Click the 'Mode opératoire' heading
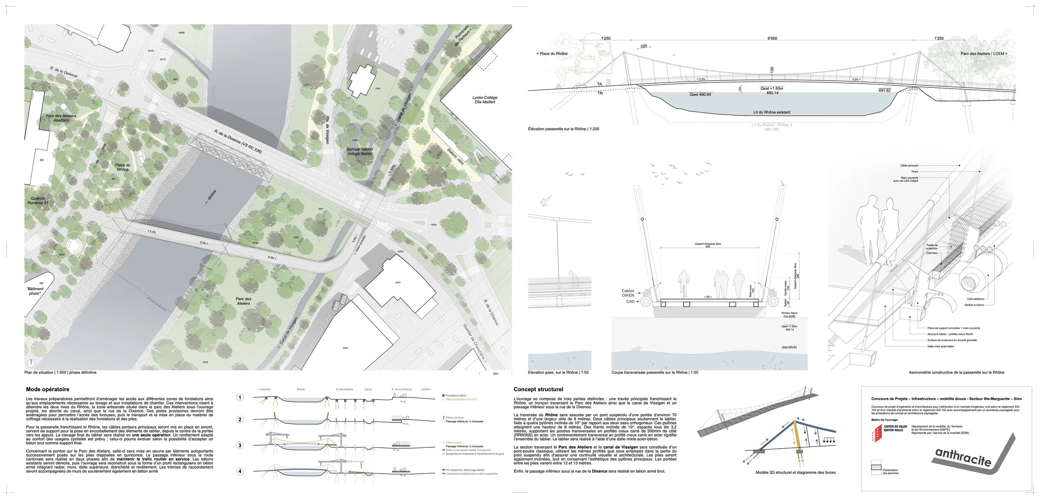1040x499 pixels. pyautogui.click(x=47, y=390)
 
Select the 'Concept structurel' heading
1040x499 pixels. pyautogui.click(x=538, y=390)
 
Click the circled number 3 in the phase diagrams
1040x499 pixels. pyautogui.click(x=240, y=445)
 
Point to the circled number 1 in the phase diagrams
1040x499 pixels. pyautogui.click(x=240, y=397)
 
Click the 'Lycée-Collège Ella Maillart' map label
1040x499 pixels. pyautogui.click(x=485, y=100)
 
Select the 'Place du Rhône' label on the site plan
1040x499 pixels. pyautogui.click(x=123, y=167)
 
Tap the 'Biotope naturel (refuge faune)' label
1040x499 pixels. pyautogui.click(x=360, y=151)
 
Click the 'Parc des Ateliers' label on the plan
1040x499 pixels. pyautogui.click(x=243, y=301)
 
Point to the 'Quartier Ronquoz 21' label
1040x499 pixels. pyautogui.click(x=38, y=201)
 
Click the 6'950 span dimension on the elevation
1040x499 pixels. pyautogui.click(x=772, y=38)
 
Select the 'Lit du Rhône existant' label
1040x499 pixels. pyautogui.click(x=772, y=112)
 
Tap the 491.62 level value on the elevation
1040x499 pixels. pyautogui.click(x=884, y=90)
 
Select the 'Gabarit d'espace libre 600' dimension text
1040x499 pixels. pyautogui.click(x=708, y=245)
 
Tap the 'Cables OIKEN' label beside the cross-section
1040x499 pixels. pyautogui.click(x=628, y=293)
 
